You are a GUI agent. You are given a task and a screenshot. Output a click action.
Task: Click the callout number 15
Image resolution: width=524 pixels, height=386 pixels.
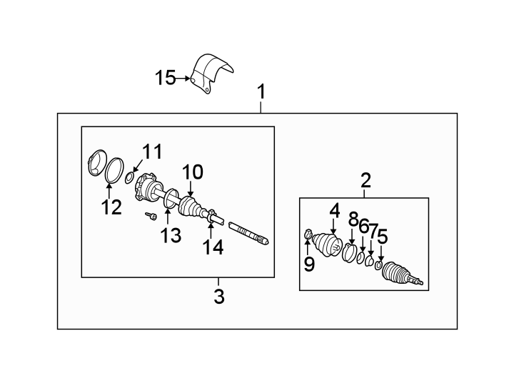(165, 77)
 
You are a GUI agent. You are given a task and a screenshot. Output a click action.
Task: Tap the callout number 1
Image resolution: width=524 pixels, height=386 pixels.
(261, 91)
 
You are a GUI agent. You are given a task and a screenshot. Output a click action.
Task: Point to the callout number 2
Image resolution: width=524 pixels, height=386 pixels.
(366, 181)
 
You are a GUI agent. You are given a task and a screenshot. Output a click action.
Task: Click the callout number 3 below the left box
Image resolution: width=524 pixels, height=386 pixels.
(219, 296)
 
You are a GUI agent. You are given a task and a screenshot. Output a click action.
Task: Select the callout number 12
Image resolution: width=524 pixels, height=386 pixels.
(111, 207)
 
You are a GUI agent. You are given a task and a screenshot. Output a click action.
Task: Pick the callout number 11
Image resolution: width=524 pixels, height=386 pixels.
(151, 152)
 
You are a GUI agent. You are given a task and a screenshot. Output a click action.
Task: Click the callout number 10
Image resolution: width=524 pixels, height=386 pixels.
(192, 172)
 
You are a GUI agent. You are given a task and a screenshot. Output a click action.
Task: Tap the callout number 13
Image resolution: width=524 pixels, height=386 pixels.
(171, 235)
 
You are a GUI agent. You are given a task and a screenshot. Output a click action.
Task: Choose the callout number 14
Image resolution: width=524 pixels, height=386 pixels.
(213, 247)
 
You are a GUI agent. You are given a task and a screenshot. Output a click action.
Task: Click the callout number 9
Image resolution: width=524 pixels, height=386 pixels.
(308, 264)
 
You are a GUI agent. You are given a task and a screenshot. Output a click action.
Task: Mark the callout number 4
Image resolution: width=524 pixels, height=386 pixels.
(334, 211)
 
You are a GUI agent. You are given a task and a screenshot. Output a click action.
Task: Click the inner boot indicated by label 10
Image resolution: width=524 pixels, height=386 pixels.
(191, 206)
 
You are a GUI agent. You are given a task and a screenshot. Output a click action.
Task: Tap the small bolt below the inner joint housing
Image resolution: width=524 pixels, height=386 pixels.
(151, 215)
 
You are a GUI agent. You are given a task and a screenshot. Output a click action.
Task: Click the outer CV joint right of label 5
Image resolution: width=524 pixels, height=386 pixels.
(401, 276)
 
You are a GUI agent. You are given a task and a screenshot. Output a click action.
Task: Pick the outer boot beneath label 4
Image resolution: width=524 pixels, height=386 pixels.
(328, 245)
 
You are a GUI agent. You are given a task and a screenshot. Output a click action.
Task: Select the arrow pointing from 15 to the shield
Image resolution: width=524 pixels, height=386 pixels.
(185, 78)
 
